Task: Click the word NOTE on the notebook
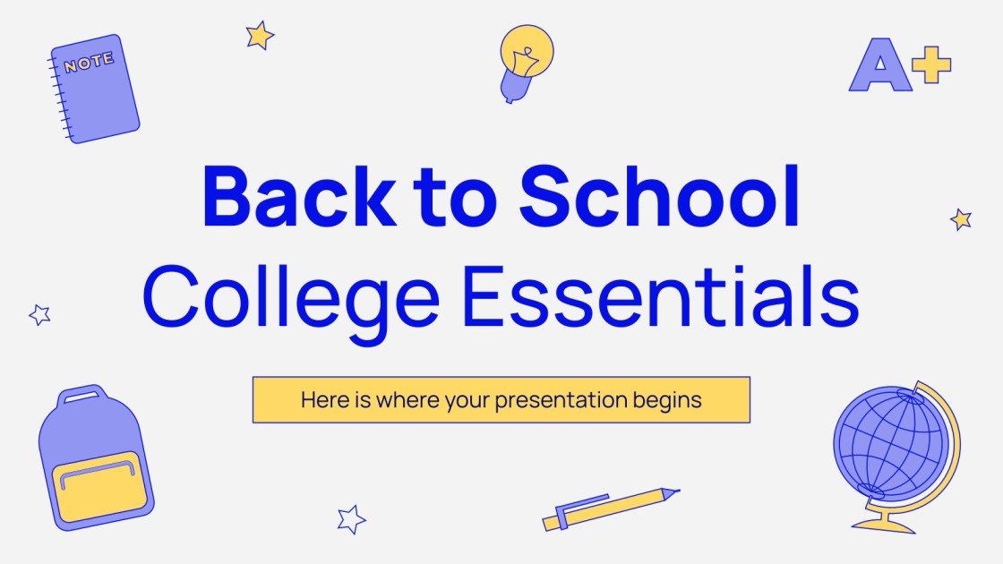89,62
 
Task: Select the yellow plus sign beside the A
932,65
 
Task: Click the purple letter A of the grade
879,67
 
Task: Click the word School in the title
660,196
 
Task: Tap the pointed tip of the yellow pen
673,491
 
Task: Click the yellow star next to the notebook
260,36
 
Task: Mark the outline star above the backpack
39,314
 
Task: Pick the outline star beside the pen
351,518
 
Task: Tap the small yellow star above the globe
961,219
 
